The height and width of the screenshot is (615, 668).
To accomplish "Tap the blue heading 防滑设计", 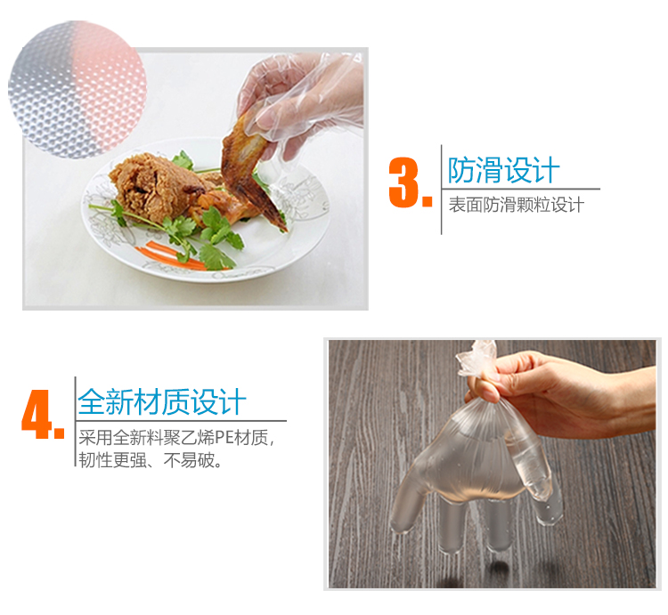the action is [503, 170].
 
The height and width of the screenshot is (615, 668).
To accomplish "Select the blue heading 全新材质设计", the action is [162, 401].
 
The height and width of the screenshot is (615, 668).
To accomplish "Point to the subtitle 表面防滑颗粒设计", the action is [517, 205].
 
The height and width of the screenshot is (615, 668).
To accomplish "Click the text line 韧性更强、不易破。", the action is [150, 460].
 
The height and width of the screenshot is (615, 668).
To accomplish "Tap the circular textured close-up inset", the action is [77, 89].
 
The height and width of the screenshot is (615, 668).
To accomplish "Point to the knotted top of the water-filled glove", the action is [477, 360].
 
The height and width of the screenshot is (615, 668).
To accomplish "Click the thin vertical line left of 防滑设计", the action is [442, 190].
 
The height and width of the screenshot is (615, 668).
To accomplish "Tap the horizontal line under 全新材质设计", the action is [181, 421].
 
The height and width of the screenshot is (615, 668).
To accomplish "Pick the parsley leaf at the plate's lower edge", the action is [216, 256].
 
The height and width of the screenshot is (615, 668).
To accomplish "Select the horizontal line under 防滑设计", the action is [521, 189].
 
